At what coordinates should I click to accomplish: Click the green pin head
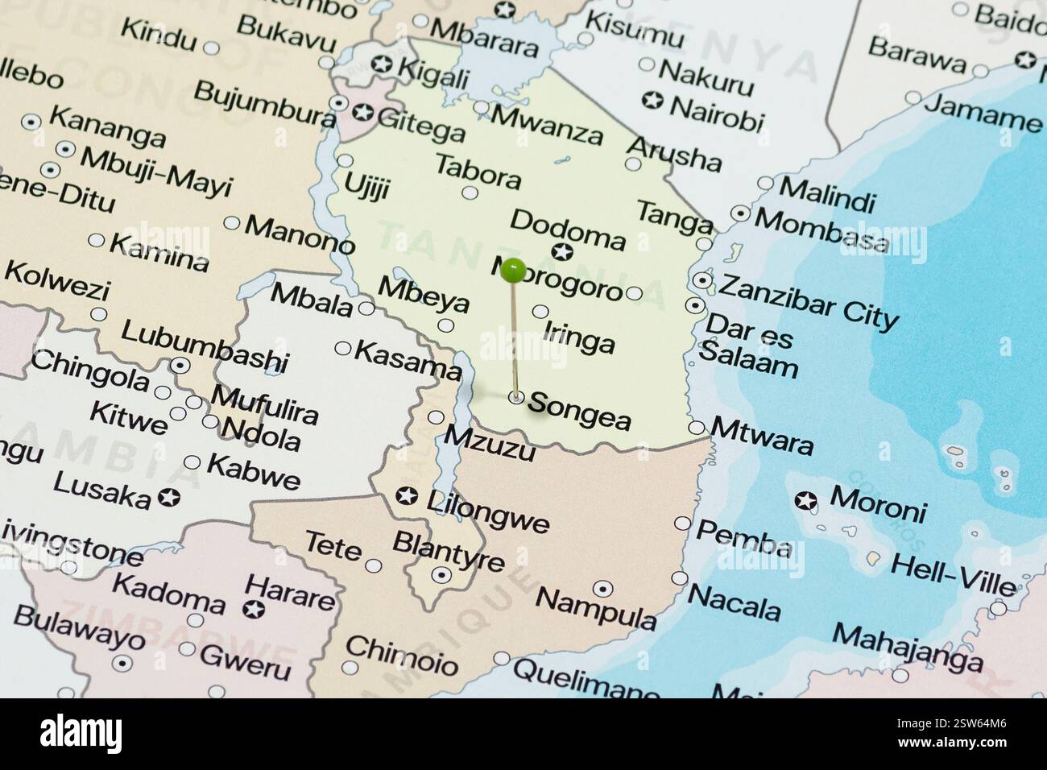(512, 271)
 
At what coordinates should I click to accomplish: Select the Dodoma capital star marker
(562, 253)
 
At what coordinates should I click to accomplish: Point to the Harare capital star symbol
(256, 608)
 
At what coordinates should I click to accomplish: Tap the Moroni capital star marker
(805, 503)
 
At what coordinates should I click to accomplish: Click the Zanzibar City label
(808, 300)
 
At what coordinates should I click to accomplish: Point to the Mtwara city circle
(697, 428)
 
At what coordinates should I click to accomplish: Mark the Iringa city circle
(540, 312)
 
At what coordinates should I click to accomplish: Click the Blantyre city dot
(441, 574)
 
